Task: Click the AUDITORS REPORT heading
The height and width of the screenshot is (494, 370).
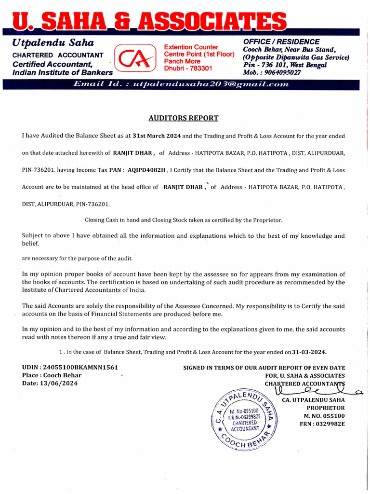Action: coord(183,118)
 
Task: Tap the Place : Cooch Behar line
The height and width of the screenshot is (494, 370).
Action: coord(52,375)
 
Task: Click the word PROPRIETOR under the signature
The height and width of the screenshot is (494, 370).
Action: coord(326,408)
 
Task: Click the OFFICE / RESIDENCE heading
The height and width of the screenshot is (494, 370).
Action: coord(281,42)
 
